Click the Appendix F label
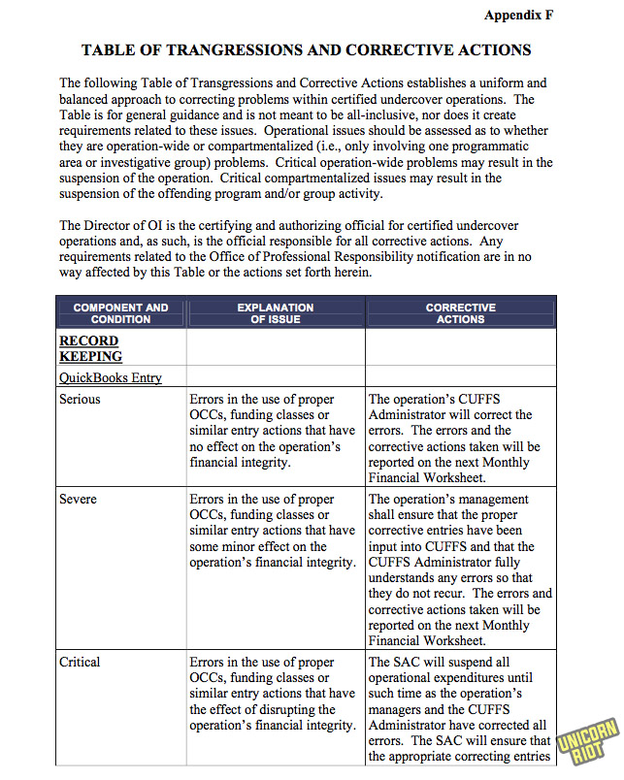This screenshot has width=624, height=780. point(518,16)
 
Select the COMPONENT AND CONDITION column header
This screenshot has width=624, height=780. point(120,313)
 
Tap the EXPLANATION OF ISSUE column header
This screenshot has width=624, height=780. point(276,313)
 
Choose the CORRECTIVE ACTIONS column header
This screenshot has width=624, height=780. point(460,313)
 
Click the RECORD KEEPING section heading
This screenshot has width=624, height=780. point(90,348)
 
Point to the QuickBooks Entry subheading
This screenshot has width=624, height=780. point(111,377)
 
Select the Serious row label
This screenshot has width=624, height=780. point(80,399)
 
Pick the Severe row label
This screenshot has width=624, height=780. point(78,499)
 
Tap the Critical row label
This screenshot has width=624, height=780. point(80,662)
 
